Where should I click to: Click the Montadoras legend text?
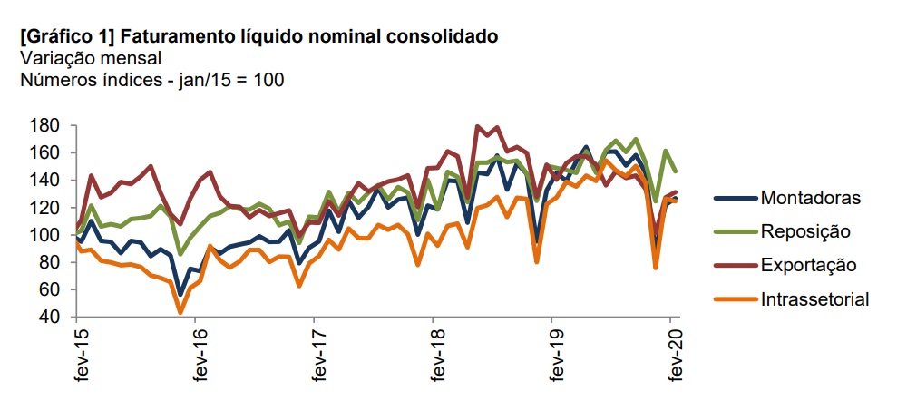[x=810, y=197]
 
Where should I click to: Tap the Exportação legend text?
[x=808, y=264]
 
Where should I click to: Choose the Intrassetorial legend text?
[x=815, y=298]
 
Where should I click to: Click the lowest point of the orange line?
[x=180, y=312]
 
